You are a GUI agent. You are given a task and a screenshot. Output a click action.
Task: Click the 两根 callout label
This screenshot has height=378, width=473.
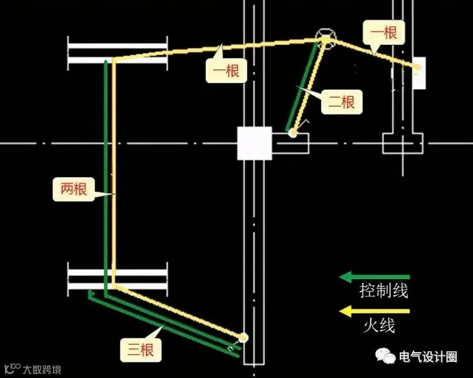74,189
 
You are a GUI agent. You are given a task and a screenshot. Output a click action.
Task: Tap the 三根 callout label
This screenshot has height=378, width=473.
141,350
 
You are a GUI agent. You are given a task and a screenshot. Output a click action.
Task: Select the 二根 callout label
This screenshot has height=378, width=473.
342,102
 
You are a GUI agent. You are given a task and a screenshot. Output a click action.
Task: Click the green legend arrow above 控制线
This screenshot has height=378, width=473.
374,277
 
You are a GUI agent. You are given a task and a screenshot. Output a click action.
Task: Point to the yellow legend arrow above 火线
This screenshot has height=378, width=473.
374,311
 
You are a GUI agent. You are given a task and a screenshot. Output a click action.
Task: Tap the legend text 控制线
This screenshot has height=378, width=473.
384,291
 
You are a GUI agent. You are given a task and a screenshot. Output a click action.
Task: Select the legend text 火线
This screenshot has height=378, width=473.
379,326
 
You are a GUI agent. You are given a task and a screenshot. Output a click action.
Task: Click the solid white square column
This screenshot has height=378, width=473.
254,143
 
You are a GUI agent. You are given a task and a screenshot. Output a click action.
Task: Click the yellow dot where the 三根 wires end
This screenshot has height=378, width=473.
243,338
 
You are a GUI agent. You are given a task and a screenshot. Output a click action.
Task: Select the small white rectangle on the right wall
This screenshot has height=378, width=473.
419,73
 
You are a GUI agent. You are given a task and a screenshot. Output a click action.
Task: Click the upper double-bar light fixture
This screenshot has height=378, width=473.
117,53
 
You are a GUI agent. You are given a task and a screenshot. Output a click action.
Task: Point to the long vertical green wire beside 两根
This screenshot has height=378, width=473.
106,175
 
